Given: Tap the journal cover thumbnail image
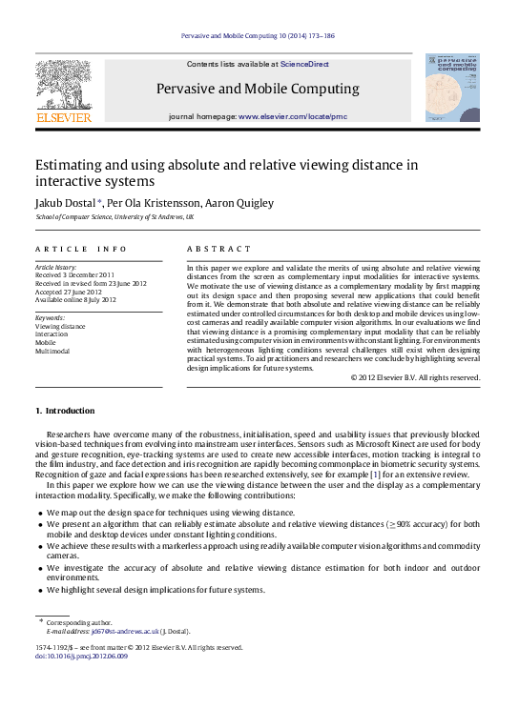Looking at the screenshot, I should point(452,87).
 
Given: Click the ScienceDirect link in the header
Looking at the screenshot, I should point(305,65).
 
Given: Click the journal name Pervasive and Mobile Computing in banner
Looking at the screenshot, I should point(258,90).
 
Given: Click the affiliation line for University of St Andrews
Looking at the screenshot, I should point(114,217).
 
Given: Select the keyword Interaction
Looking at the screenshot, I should point(52,334).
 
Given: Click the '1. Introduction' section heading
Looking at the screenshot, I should point(65,411).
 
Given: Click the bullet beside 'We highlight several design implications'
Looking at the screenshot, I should point(40,591).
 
